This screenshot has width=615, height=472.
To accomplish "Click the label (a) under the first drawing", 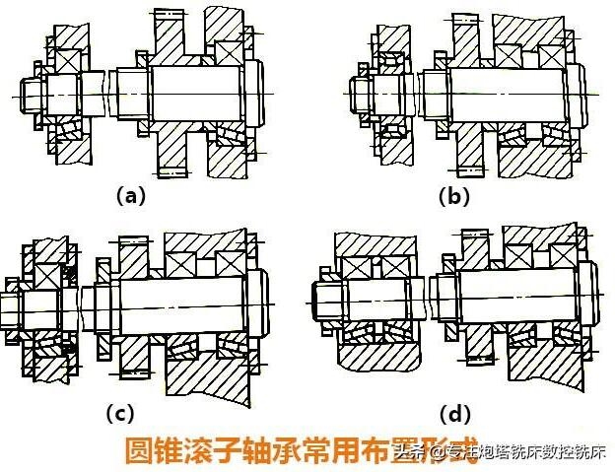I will coord(129,196).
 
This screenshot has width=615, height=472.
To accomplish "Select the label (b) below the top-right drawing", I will coord(454,196).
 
